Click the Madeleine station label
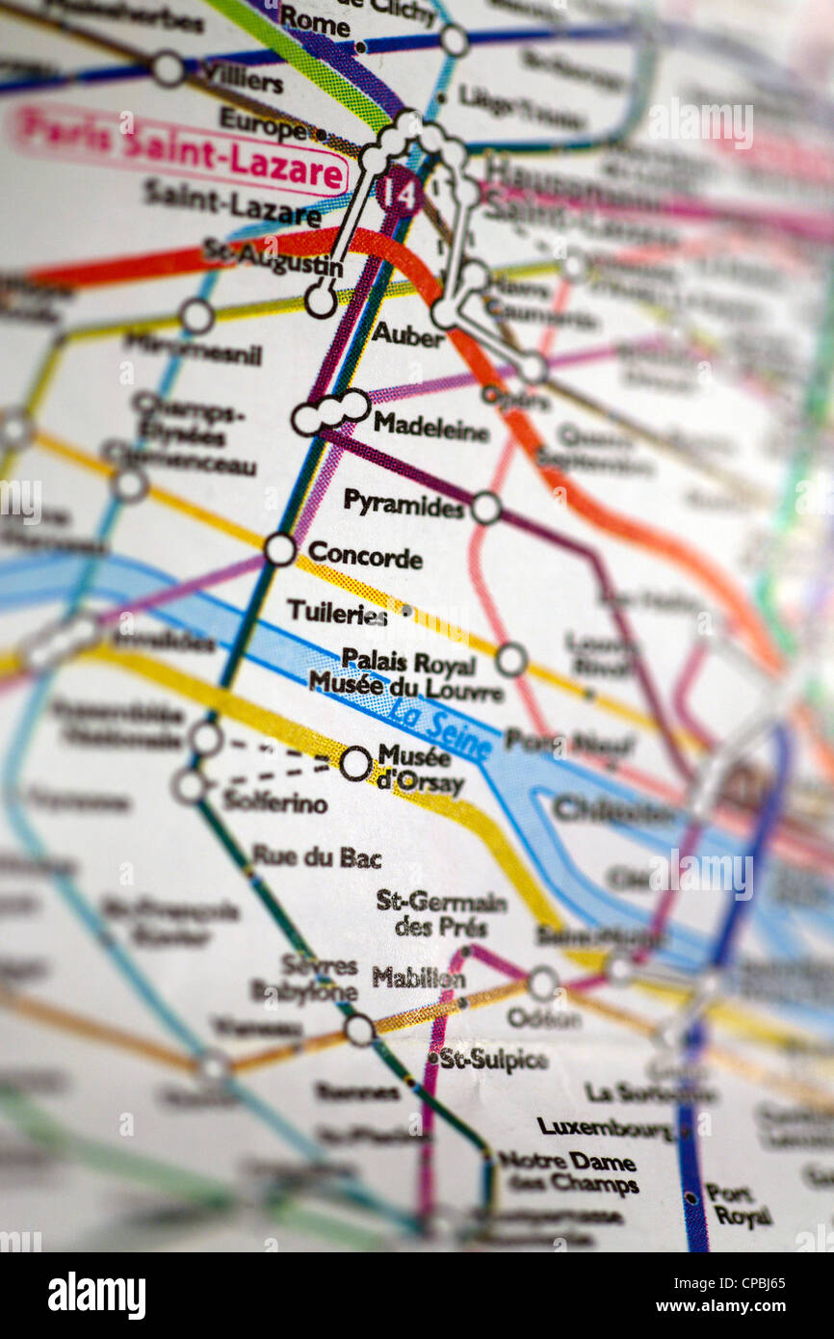tap(430, 427)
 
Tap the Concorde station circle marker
tap(280, 549)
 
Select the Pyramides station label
tap(404, 503)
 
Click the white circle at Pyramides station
tap(485, 508)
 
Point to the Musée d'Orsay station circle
tap(354, 764)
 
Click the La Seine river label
tap(441, 729)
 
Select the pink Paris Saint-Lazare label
tap(180, 149)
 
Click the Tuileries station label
tap(337, 613)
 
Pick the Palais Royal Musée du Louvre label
tap(406, 674)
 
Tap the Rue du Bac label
tap(316, 856)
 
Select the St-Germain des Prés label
tap(441, 913)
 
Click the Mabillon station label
tap(418, 978)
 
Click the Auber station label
tap(408, 335)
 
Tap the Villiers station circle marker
tap(168, 68)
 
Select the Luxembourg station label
tap(605, 1127)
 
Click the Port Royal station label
tap(738, 1204)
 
